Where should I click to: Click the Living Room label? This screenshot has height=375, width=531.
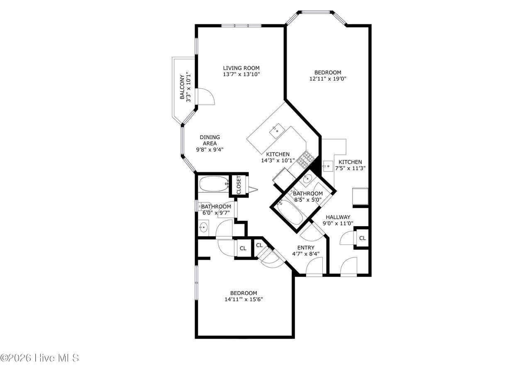pos(241,68)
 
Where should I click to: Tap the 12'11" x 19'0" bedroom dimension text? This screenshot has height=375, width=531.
pos(328,79)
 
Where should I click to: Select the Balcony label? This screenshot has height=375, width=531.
pos(182,87)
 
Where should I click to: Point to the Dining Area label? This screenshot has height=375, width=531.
pos(210,140)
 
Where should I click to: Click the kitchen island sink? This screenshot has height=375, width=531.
pos(277,131)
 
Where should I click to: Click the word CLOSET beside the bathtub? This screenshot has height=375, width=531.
pos(239,185)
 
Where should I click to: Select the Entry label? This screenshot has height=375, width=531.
pos(306,248)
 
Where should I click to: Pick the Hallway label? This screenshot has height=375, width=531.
pos(338,217)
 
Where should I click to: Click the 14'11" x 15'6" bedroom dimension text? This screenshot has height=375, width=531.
pos(244,300)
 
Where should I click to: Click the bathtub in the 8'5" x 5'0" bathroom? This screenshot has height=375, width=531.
pos(290,212)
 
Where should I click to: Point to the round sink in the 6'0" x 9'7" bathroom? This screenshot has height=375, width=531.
pos(203,228)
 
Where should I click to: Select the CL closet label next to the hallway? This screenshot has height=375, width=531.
pos(363,238)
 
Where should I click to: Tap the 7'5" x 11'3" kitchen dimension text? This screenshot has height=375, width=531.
pos(350,168)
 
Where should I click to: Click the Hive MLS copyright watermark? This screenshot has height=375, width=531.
pos(39,358)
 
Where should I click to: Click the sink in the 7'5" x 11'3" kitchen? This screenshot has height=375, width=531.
pos(328,166)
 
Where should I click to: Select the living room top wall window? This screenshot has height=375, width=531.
pos(241,26)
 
